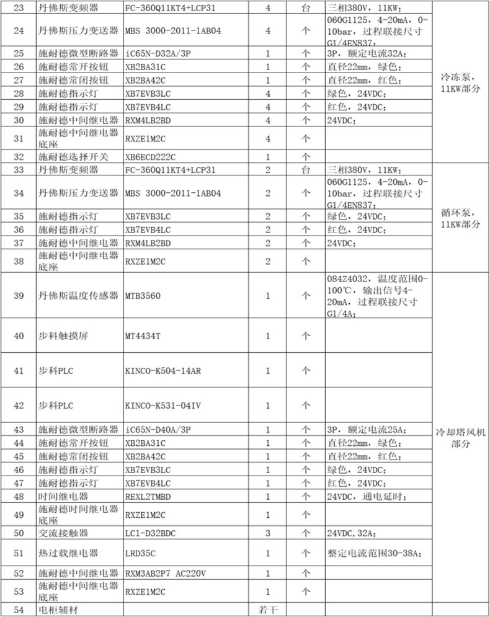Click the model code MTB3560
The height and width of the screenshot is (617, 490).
click(143, 296)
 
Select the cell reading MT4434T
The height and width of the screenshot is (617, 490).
click(143, 336)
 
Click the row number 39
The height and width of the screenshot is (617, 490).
click(19, 296)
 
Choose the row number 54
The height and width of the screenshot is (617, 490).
click(19, 610)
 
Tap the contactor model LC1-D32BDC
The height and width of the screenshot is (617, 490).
click(151, 533)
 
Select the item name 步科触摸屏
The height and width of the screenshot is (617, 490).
click(60, 336)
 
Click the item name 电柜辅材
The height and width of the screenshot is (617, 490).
click(60, 610)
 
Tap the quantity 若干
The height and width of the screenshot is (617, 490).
click(268, 610)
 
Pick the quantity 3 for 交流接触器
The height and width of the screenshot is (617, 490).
click(268, 533)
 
